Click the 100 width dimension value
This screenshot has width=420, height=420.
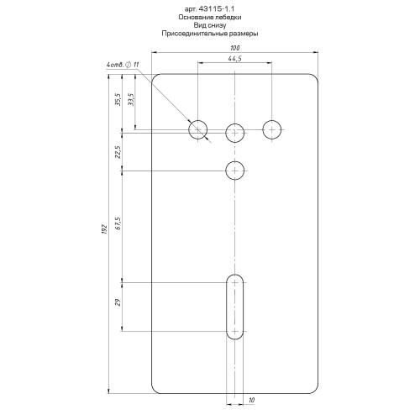(x=235, y=48)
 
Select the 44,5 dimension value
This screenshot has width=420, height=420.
(x=235, y=59)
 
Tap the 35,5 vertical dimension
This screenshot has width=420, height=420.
(x=118, y=99)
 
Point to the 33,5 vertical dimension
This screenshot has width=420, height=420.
(x=131, y=99)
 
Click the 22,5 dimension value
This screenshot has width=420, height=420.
(x=118, y=152)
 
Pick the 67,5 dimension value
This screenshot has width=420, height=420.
(x=118, y=223)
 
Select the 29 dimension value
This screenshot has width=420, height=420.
(x=118, y=302)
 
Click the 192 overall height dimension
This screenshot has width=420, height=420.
(x=104, y=229)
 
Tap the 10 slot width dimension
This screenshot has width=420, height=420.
(x=251, y=400)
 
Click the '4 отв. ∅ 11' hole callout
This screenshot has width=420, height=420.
(x=123, y=65)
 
